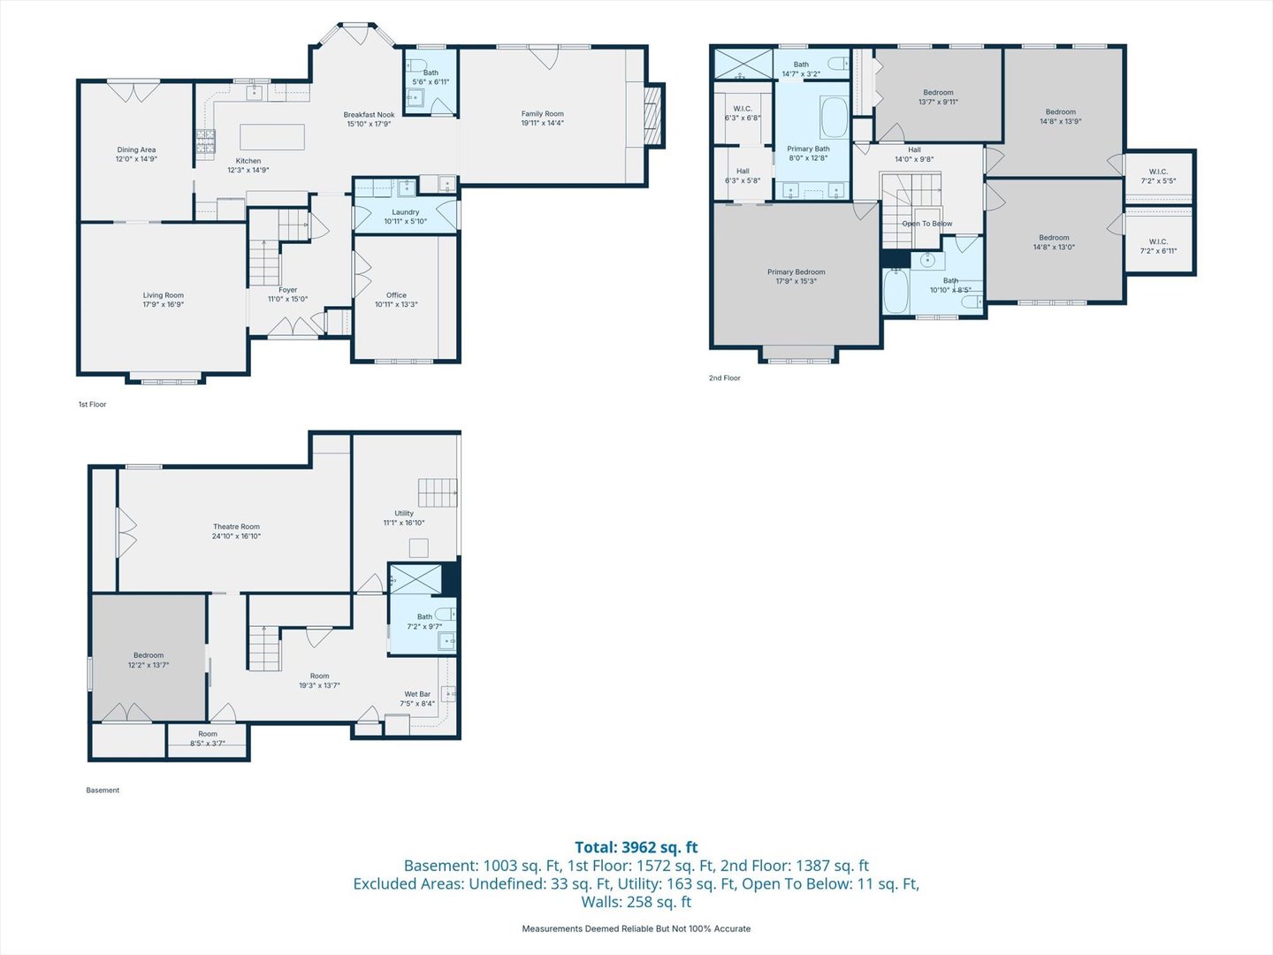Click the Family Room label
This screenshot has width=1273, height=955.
pyautogui.click(x=542, y=114)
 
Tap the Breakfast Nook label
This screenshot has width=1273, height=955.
pyautogui.click(x=369, y=115)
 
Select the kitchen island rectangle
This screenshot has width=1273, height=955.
pyautogui.click(x=272, y=137)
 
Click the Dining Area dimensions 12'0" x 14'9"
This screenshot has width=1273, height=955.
pyautogui.click(x=136, y=159)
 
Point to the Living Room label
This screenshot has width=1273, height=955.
pyautogui.click(x=164, y=295)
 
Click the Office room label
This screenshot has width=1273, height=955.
pyautogui.click(x=396, y=295)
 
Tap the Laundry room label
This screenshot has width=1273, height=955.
pyautogui.click(x=406, y=212)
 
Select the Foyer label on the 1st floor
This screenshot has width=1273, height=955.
pyautogui.click(x=288, y=290)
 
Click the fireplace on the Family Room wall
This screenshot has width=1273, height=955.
pyautogui.click(x=653, y=113)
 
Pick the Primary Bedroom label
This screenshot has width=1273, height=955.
pyautogui.click(x=796, y=272)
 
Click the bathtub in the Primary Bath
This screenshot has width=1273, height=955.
pyautogui.click(x=834, y=118)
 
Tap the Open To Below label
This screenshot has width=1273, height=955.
pyautogui.click(x=926, y=224)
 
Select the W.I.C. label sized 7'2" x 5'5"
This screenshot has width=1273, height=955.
pyautogui.click(x=1158, y=172)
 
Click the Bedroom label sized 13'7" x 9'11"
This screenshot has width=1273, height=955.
pyautogui.click(x=938, y=93)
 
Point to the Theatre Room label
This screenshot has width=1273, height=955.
pyautogui.click(x=236, y=527)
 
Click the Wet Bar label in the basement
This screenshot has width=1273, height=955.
pyautogui.click(x=417, y=694)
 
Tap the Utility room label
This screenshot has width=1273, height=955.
pyautogui.click(x=404, y=513)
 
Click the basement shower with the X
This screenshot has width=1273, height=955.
pyautogui.click(x=415, y=579)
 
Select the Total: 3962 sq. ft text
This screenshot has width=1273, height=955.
pyautogui.click(x=636, y=847)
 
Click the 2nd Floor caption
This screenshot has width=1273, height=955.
pyautogui.click(x=724, y=378)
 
